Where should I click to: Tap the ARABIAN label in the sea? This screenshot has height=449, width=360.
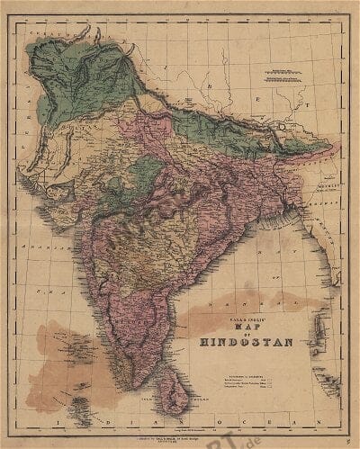pos(40,243)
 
